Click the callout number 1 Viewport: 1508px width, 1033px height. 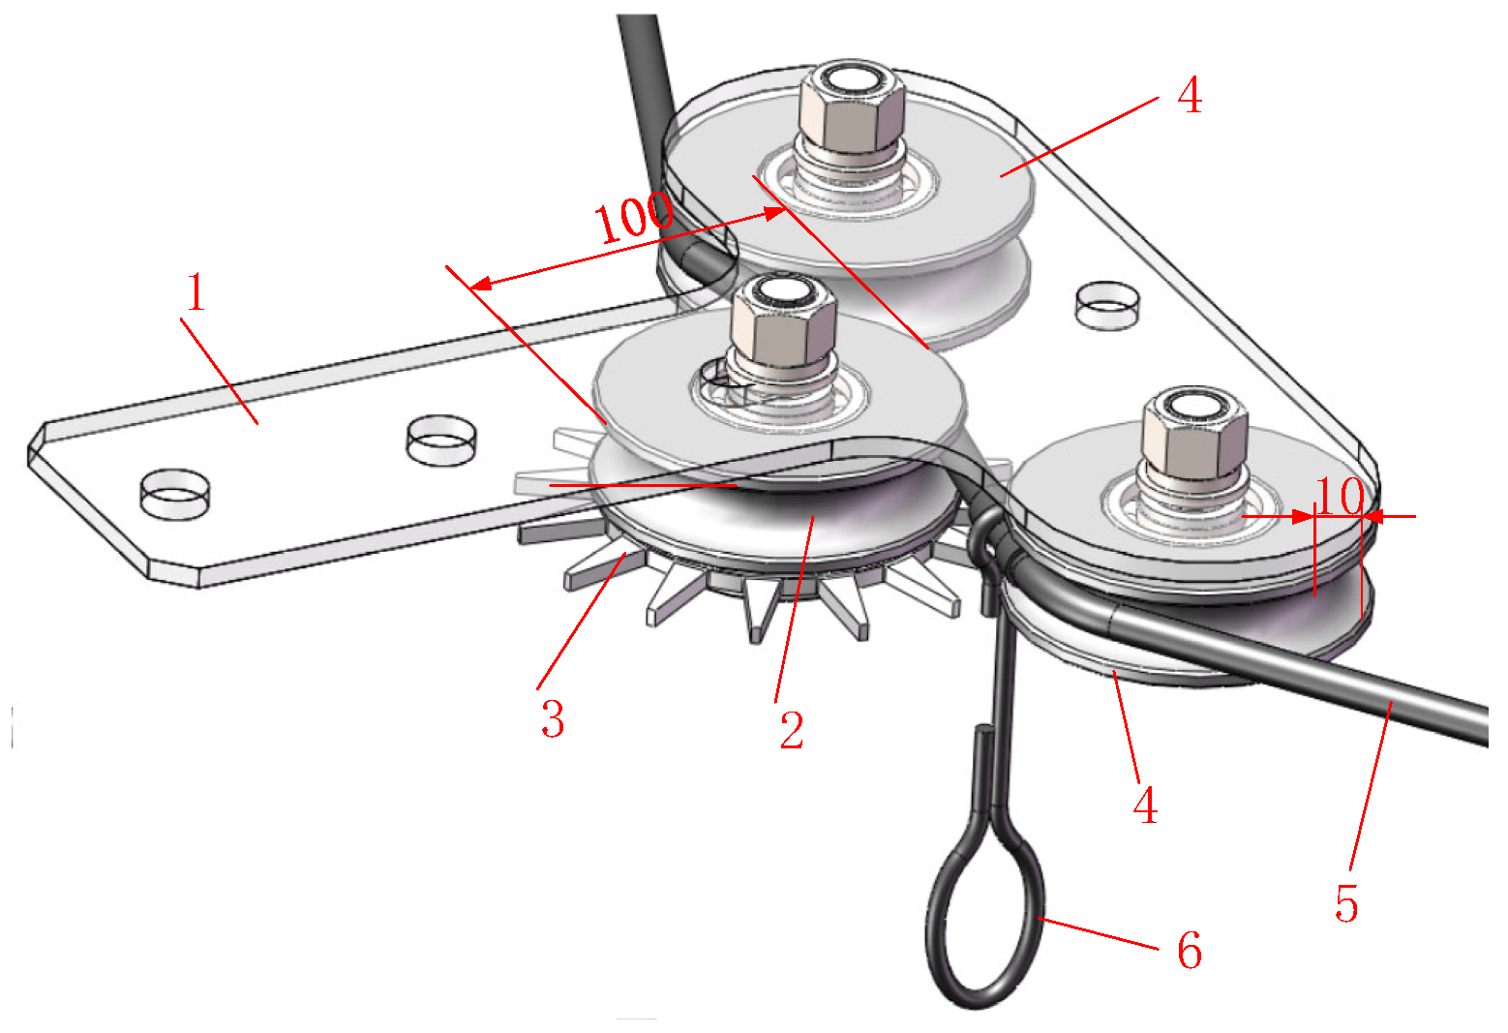[196, 291]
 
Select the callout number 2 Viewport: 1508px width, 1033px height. [792, 730]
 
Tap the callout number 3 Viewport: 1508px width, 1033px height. [553, 719]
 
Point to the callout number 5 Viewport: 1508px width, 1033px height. [1346, 903]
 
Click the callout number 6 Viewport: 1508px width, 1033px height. [1190, 950]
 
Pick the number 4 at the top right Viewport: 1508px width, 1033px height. [1190, 95]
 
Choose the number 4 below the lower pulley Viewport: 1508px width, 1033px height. [1145, 805]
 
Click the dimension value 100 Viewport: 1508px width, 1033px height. [633, 217]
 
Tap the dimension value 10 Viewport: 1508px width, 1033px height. [1340, 497]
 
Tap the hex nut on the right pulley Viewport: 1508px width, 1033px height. [1195, 430]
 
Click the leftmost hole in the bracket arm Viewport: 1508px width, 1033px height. [174, 495]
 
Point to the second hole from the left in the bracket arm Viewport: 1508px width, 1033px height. [441, 441]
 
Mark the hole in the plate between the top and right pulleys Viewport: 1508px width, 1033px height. [1108, 305]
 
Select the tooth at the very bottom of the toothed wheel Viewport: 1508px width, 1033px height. [758, 609]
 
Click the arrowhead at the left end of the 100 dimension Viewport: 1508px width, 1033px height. [479, 285]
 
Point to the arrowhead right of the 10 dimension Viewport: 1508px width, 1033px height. [1372, 517]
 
